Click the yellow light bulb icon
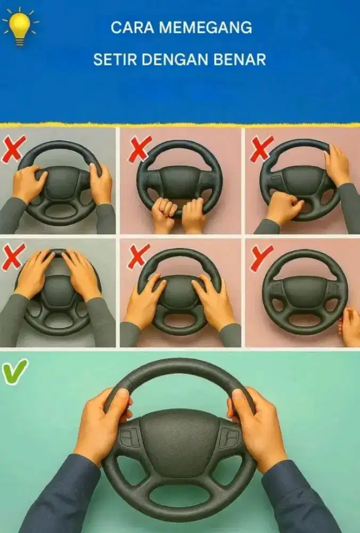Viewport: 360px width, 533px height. click(x=20, y=27)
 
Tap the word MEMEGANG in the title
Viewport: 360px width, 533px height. click(x=206, y=28)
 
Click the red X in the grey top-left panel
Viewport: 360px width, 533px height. click(x=14, y=149)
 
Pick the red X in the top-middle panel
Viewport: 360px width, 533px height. click(x=140, y=148)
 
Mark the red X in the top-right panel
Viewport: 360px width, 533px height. click(x=261, y=148)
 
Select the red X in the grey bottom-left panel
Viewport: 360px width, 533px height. click(x=13, y=257)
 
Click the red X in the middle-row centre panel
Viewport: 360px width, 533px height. click(x=138, y=256)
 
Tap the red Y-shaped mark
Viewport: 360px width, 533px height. click(x=261, y=257)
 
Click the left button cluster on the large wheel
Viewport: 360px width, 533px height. click(x=130, y=437)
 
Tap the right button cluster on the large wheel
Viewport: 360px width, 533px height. click(x=230, y=437)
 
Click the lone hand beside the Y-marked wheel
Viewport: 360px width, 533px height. click(x=350, y=326)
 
